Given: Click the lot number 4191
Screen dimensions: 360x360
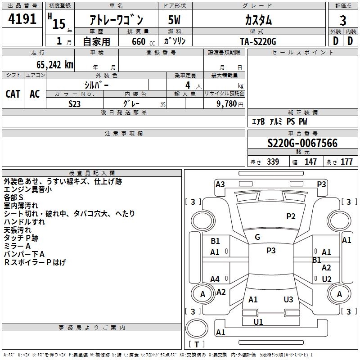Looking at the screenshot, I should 22,20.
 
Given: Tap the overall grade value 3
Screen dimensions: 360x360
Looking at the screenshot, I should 343,21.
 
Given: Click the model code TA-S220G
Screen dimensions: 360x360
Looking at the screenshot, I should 258,41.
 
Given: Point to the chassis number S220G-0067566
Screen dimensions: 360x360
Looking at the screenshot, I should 302,143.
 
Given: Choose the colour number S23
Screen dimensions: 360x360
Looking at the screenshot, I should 75,103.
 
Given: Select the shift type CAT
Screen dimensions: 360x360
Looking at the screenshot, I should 13,94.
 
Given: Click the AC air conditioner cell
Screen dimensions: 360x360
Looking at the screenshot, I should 35,94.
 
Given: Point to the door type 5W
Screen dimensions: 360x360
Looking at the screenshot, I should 175,21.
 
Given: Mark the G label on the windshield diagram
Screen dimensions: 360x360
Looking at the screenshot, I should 257,237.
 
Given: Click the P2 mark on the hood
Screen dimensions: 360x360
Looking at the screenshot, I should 291,216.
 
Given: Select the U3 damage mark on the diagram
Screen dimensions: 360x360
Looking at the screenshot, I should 288,299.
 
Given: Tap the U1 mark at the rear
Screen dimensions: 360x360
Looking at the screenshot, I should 258,322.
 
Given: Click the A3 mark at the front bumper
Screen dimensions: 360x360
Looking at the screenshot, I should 220,184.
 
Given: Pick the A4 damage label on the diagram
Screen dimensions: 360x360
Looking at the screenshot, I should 215,279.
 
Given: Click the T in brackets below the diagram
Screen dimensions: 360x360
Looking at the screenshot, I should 197,344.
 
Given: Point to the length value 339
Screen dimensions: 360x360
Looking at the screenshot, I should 272,162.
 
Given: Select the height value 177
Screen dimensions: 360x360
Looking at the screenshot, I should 346,162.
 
